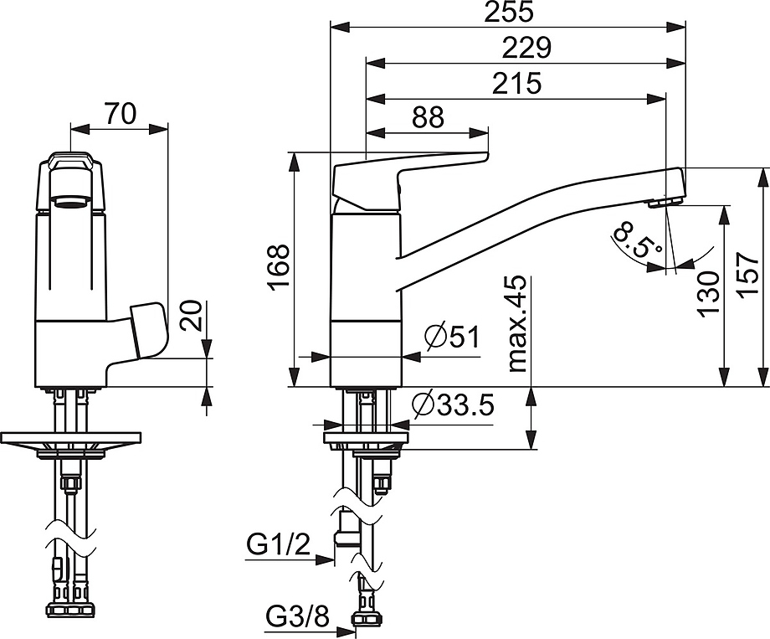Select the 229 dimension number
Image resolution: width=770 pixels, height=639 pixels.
(527, 48)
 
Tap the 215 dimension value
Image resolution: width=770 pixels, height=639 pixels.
(516, 83)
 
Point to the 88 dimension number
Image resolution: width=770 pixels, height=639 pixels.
(428, 117)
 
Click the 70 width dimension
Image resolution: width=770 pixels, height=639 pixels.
(120, 114)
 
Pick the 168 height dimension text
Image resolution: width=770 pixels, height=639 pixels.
(279, 267)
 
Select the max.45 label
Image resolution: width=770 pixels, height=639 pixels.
(517, 323)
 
